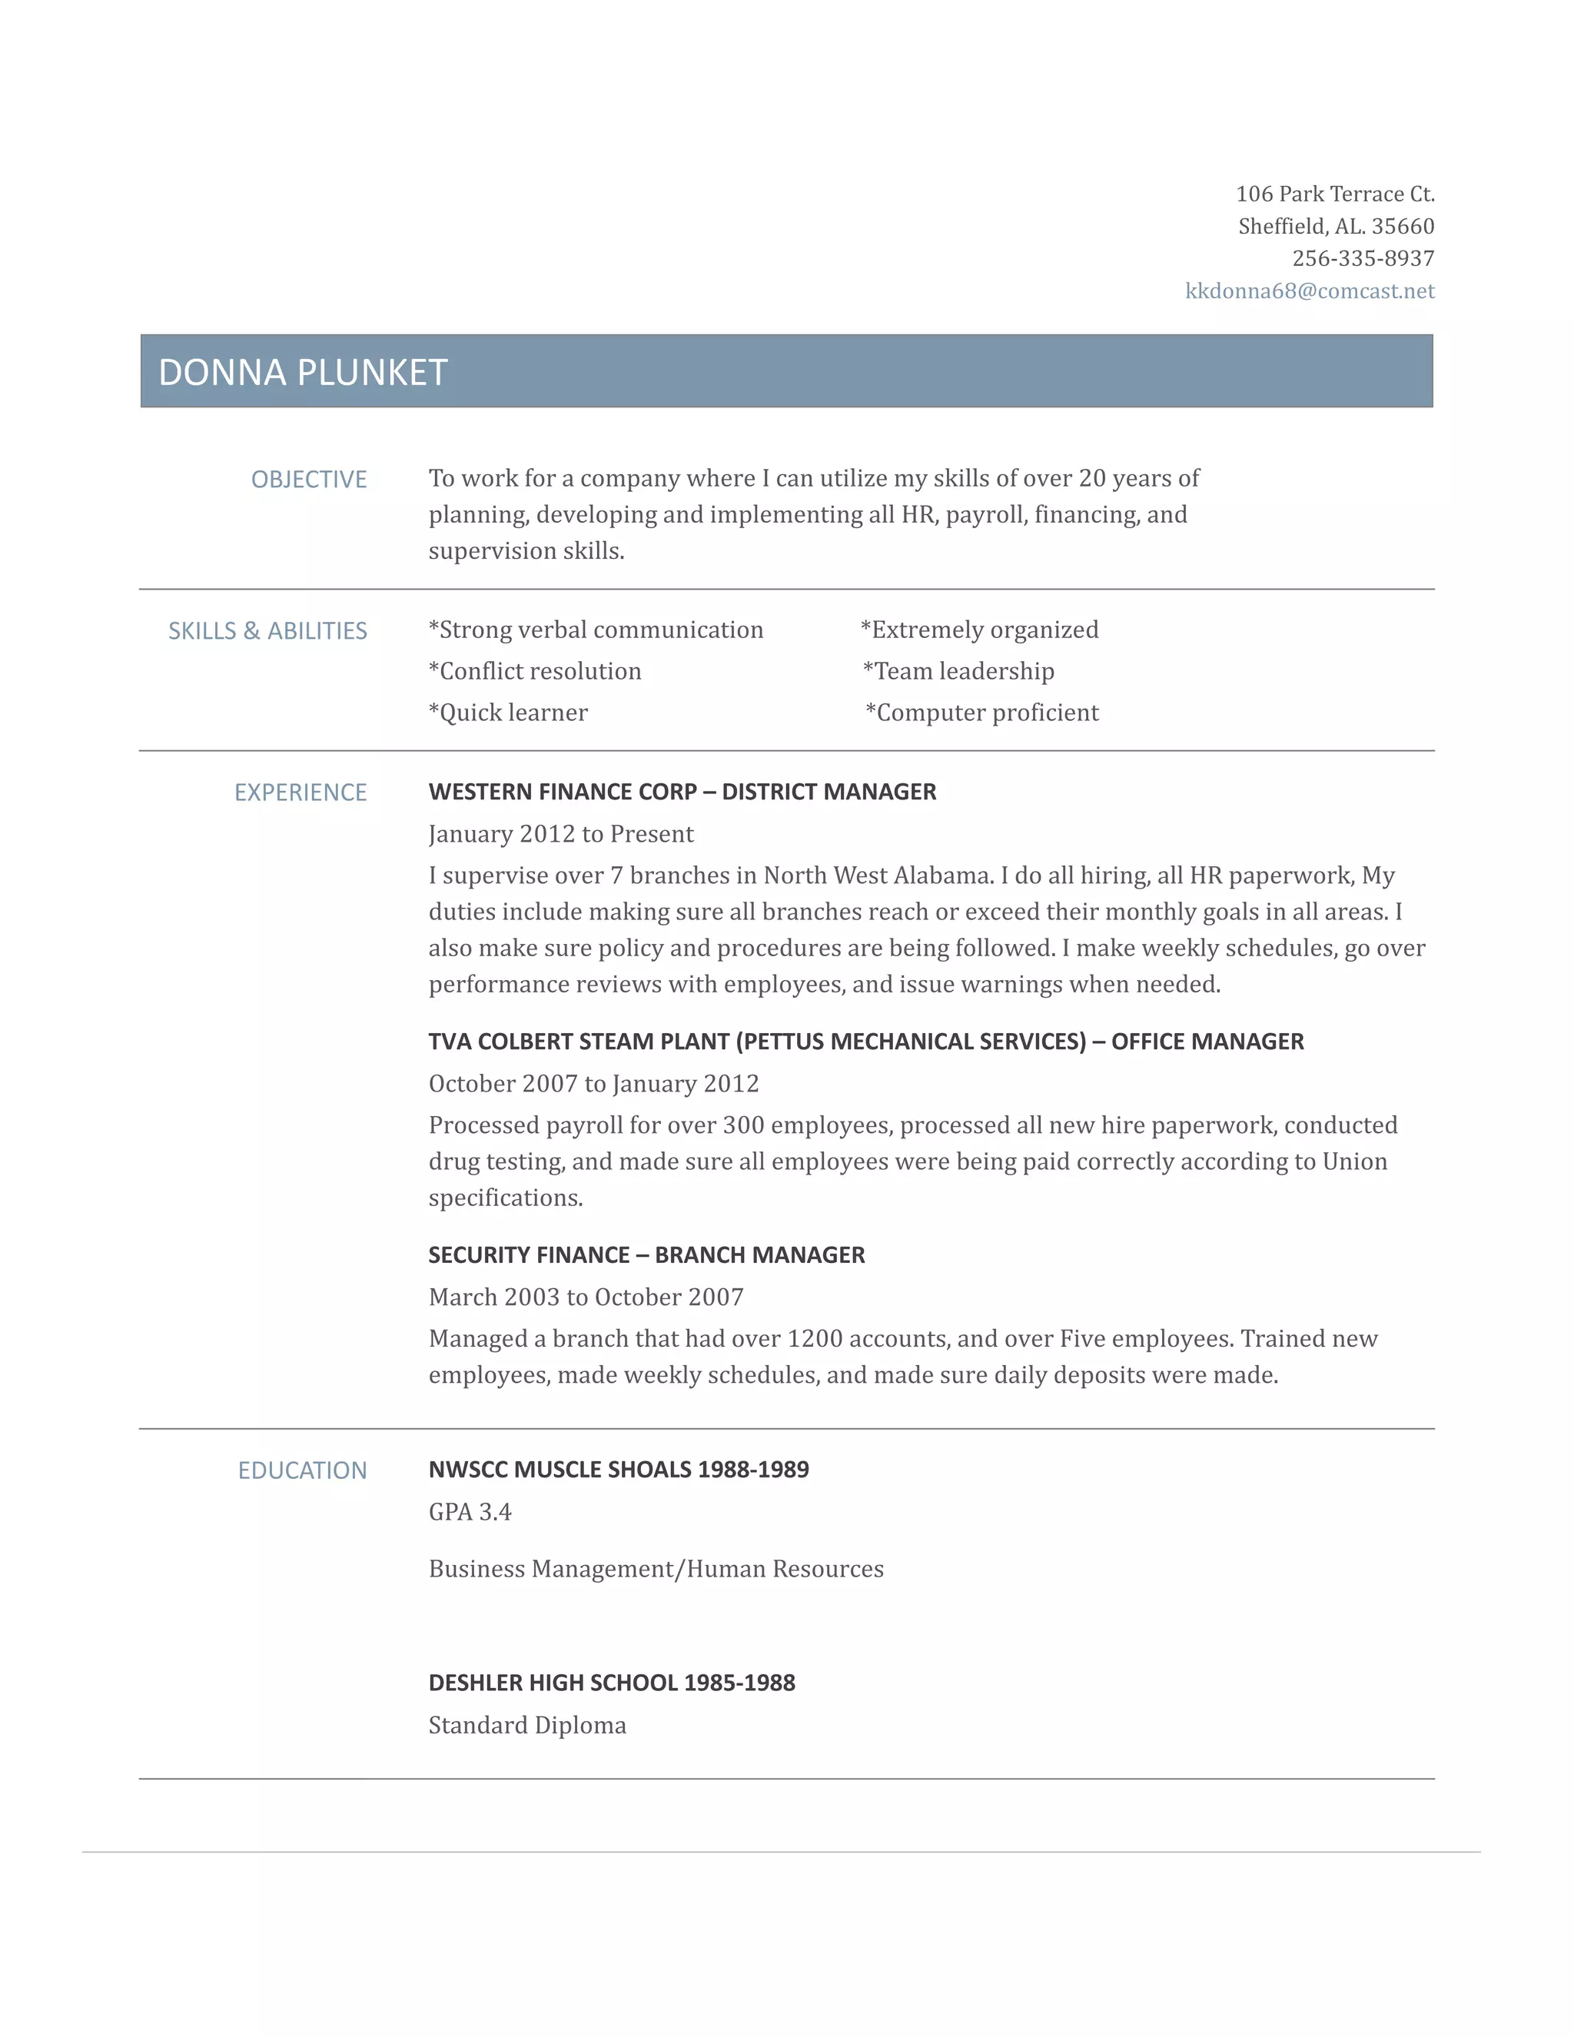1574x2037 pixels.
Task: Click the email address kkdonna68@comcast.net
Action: (x=1309, y=291)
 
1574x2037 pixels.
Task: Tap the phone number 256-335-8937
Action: (x=1363, y=258)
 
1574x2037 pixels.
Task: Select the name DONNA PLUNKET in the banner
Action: (x=303, y=372)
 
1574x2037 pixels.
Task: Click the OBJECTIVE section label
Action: (x=309, y=480)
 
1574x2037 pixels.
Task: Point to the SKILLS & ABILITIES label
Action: (x=267, y=631)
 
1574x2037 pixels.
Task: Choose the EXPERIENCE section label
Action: (x=301, y=793)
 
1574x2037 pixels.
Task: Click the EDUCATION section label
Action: (x=302, y=1470)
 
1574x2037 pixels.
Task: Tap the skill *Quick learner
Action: (x=508, y=713)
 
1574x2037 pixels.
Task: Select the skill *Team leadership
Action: (x=958, y=672)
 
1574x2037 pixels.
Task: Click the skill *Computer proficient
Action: (x=982, y=713)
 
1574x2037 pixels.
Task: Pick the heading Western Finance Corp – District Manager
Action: (x=682, y=792)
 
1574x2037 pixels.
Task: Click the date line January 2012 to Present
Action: (x=560, y=834)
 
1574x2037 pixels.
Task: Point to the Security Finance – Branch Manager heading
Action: (x=646, y=1255)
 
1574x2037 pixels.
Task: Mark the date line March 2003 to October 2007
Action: (x=586, y=1298)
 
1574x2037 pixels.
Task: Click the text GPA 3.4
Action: (x=470, y=1512)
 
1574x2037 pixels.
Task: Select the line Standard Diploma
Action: (x=526, y=1726)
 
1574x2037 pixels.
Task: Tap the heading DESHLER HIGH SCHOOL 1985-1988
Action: (x=612, y=1683)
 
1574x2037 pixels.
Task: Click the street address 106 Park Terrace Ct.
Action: (x=1334, y=194)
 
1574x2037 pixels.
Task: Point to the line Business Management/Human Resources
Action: (x=656, y=1569)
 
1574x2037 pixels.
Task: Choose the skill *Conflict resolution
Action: (x=534, y=672)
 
